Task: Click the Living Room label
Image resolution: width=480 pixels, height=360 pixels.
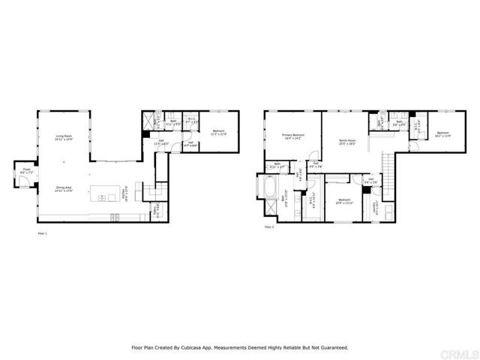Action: tap(63, 137)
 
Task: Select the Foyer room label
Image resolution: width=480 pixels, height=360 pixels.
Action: tap(26, 171)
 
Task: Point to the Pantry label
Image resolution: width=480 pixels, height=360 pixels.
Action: tap(156, 211)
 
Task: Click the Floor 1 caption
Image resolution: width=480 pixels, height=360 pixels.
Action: tap(42, 234)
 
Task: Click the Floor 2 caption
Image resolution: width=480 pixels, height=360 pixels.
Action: tap(268, 226)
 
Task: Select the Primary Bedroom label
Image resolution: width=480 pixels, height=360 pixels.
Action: tap(292, 137)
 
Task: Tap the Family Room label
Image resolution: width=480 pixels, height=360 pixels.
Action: tap(347, 141)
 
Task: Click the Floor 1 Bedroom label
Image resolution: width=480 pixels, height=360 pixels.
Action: tap(220, 133)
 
